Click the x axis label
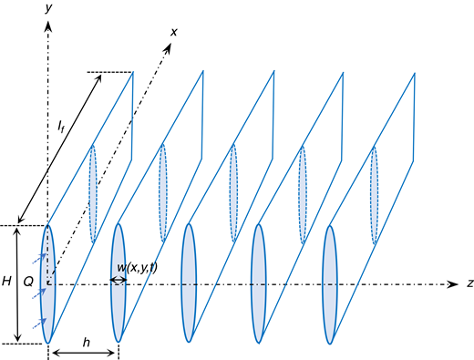tap(174, 33)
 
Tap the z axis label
tap(468, 284)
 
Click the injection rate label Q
tap(28, 284)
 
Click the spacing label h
tap(85, 344)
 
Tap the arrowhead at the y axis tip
tap(47, 20)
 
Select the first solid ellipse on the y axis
tap(48, 283)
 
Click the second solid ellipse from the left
tap(118, 283)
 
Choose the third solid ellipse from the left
tap(189, 283)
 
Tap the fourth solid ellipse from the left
tap(259, 283)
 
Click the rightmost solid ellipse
tap(329, 283)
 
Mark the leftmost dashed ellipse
tap(92, 193)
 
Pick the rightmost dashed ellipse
tap(373, 193)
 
